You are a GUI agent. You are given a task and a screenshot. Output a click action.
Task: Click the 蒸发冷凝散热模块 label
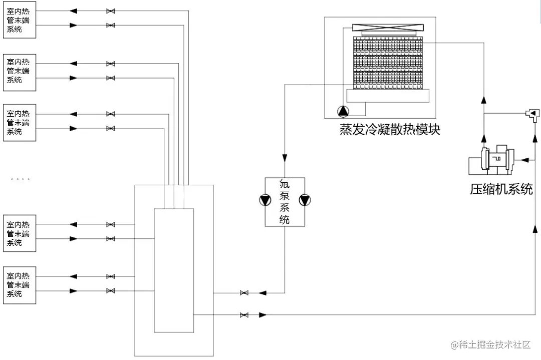(390, 130)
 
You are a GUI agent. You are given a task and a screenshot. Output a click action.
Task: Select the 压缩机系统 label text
(501, 189)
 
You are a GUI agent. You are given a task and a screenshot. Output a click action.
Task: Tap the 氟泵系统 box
(285, 201)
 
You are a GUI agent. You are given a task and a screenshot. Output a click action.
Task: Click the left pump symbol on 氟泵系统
(264, 200)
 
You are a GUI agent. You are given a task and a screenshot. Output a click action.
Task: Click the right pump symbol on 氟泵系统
(305, 200)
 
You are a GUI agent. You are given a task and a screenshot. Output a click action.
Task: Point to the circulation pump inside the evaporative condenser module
(342, 111)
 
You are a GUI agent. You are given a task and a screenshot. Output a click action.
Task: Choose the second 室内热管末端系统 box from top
(20, 72)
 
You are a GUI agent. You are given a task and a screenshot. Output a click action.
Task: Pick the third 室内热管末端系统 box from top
(20, 123)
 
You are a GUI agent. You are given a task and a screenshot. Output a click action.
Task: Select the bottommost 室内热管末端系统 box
(20, 285)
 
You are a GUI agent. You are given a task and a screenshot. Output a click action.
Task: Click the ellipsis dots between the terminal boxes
(21, 179)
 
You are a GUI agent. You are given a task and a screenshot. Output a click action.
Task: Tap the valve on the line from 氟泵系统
(244, 293)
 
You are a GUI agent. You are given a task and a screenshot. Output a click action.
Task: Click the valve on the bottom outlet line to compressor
(244, 315)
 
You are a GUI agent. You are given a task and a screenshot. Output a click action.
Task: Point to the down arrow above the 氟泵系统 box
(285, 159)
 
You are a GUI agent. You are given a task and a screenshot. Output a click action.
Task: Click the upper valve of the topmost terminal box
(110, 11)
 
